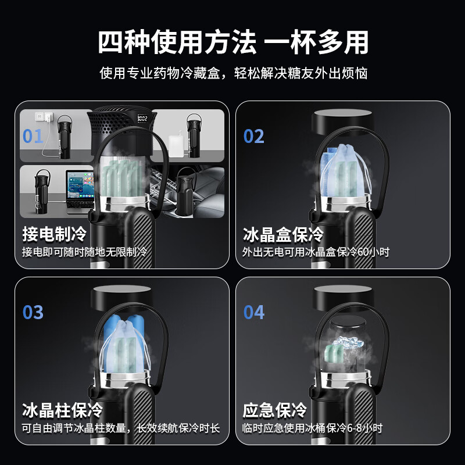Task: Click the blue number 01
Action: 33,136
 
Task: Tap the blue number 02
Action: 254,136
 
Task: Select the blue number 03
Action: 33,312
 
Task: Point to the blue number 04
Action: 254,312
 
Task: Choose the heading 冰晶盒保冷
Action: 283,234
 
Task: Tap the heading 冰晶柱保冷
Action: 62,410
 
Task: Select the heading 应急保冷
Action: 275,410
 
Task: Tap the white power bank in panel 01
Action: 176,142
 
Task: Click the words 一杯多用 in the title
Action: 316,42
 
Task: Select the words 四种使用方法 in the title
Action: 177,42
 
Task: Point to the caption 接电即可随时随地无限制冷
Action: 84,252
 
